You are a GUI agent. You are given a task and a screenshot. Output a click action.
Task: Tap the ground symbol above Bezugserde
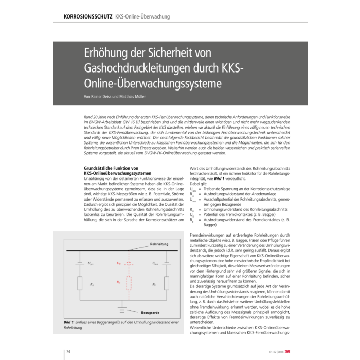[x=121, y=308]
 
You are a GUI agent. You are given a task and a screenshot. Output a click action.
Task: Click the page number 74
[x=67, y=351]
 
